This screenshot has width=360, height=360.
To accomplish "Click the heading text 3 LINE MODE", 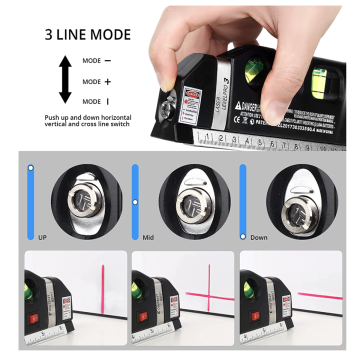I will (87, 34).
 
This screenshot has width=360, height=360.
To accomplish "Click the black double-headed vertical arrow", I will (65, 79).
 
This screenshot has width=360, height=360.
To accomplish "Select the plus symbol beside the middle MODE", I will (107, 81).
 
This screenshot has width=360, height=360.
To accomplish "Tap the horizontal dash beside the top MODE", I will (107, 61).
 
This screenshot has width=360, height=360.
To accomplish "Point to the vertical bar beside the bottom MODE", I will (107, 101).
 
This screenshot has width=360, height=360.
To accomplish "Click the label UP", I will (42, 237).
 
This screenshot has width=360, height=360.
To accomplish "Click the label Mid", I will (148, 237).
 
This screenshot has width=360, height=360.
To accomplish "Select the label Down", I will (258, 237).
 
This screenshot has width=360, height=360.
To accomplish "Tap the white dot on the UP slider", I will (30, 168).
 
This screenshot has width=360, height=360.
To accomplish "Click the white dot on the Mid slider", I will (134, 202).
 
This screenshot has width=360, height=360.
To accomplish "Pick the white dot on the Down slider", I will (243, 236).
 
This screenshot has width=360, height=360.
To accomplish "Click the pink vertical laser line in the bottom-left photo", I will (102, 283).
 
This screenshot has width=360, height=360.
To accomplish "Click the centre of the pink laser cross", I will (209, 293).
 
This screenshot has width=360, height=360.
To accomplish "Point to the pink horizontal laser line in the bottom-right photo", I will (320, 295).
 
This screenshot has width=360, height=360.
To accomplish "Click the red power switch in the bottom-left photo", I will (35, 318).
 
